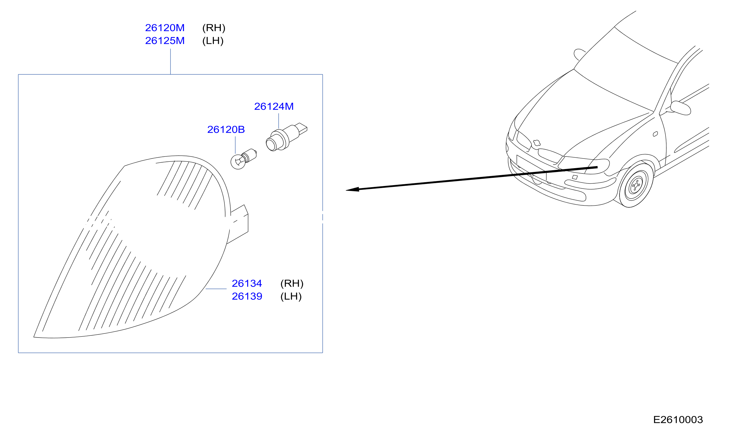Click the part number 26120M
[165, 28]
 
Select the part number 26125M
[165, 41]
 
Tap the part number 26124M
[274, 106]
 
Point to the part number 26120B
[226, 130]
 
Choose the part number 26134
[247, 283]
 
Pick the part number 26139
[247, 296]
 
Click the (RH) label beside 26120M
[214, 28]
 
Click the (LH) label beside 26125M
[213, 41]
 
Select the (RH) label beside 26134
[292, 284]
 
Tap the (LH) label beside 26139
[291, 297]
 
